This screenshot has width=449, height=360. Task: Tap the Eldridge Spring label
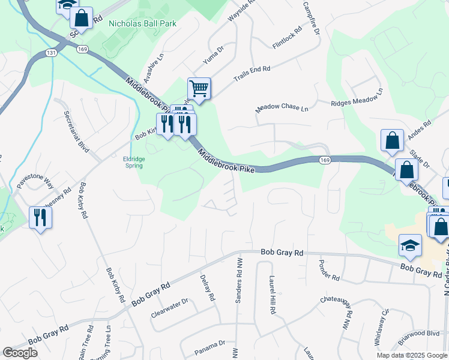(134, 162)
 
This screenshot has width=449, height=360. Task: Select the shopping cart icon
(199, 89)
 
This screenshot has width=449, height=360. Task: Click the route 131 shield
(52, 53)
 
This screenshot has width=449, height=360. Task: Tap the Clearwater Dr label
(170, 307)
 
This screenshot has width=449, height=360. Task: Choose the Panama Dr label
(209, 344)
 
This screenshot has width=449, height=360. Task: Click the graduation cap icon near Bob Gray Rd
(410, 245)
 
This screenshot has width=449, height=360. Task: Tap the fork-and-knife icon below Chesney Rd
(40, 217)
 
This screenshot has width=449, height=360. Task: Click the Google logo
(19, 353)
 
